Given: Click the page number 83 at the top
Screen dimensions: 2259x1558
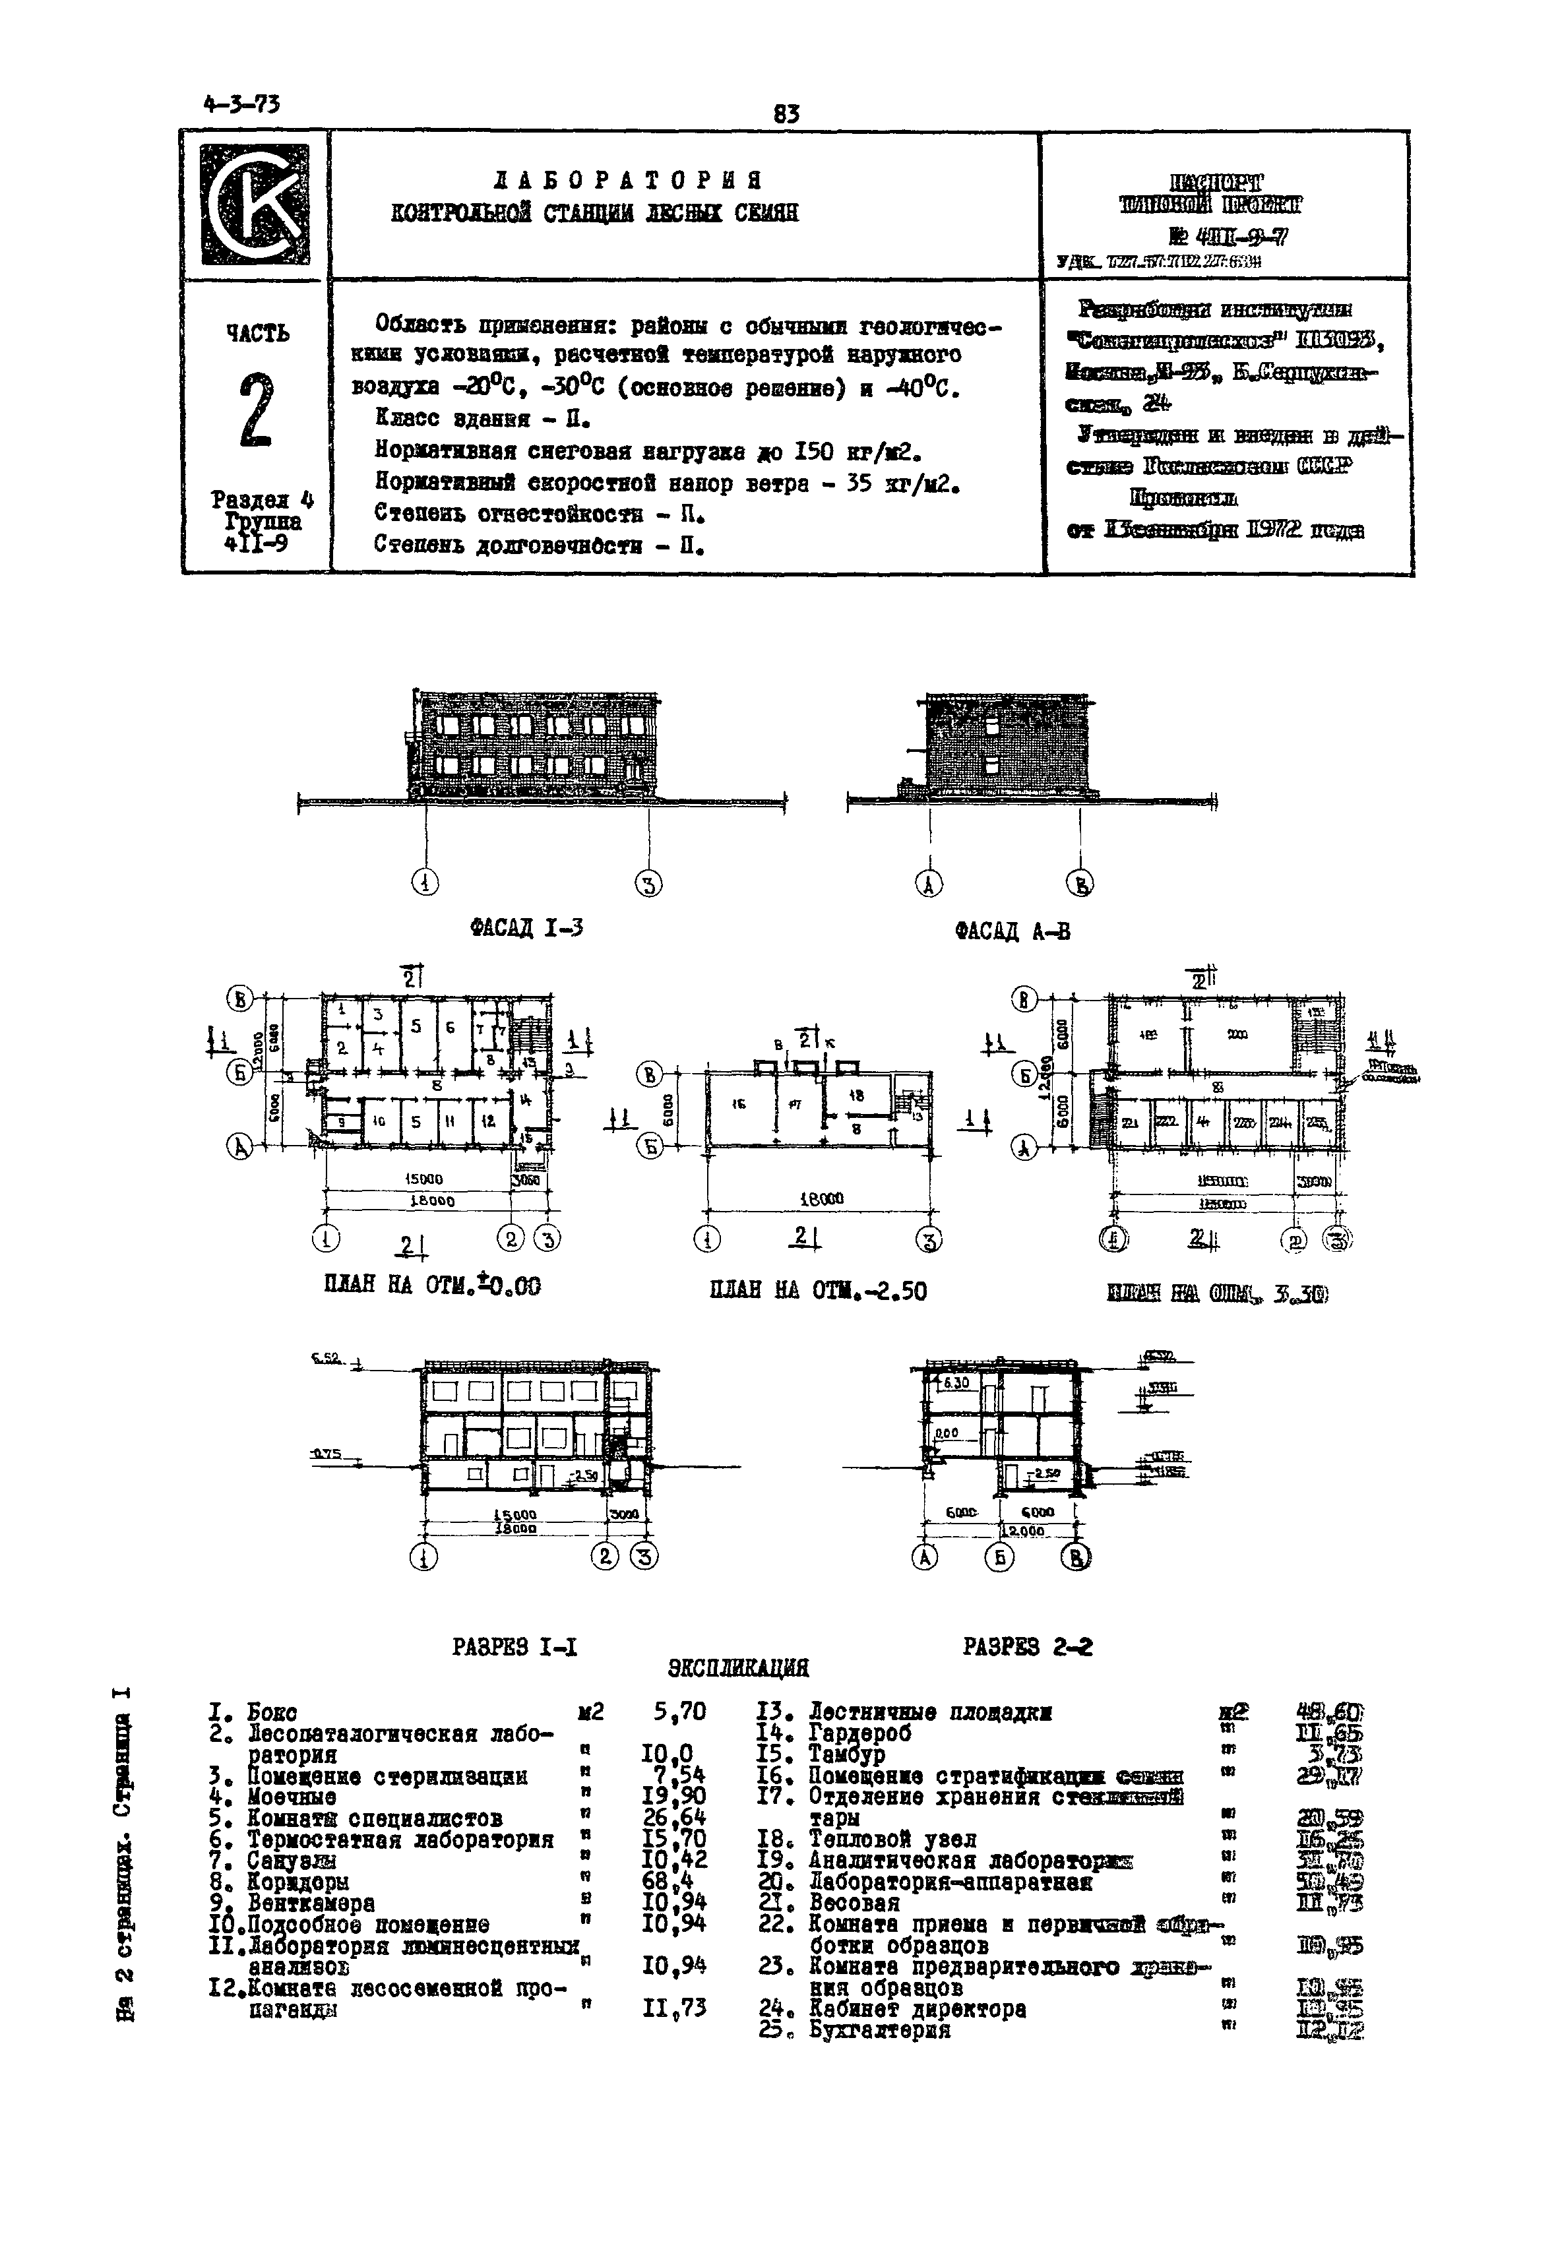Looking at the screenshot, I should [786, 114].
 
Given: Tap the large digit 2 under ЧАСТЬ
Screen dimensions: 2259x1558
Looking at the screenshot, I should [255, 410].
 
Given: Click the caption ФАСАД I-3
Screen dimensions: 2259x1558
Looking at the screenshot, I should [526, 929].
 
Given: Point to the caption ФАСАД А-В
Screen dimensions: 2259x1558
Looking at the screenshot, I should [1013, 931].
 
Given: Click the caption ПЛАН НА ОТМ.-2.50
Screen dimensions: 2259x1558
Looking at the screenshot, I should [818, 1291].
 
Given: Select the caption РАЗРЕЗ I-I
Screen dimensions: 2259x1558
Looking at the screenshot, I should [514, 1647].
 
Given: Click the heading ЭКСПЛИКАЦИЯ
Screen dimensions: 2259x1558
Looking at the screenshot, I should [738, 1667].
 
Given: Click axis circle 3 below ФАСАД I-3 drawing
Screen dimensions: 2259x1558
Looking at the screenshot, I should [648, 884].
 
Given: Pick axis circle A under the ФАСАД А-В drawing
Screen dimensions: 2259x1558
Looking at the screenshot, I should [929, 884].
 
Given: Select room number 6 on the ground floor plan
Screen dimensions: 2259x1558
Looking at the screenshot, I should [450, 1027].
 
